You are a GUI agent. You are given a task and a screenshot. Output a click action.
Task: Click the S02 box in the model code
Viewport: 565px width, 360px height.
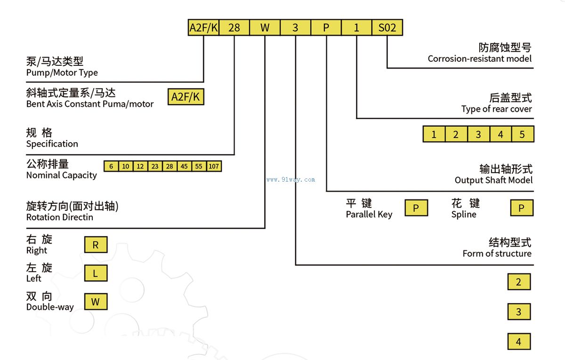coord(387,27)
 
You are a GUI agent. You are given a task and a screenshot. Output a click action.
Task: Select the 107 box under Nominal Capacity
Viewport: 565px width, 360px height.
coord(214,166)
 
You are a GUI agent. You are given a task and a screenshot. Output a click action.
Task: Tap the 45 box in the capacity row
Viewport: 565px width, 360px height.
coord(184,166)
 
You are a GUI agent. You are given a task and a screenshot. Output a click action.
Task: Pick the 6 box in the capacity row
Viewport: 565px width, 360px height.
coord(111,166)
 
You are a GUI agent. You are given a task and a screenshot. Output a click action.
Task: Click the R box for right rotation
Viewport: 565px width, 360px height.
coord(96,245)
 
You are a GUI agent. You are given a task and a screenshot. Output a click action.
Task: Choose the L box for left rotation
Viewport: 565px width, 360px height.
coord(96,273)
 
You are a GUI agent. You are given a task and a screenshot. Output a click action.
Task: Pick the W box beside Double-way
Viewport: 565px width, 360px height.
coord(96,302)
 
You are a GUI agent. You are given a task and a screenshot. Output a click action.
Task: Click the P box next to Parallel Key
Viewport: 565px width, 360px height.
coord(416,208)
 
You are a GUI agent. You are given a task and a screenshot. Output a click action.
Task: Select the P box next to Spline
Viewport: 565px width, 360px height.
coord(522,208)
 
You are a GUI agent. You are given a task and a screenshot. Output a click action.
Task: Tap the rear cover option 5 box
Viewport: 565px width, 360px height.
coord(522,135)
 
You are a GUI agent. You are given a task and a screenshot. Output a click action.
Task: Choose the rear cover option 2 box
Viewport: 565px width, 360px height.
coord(456,135)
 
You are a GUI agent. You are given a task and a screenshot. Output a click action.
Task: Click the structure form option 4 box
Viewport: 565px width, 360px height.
coord(519,342)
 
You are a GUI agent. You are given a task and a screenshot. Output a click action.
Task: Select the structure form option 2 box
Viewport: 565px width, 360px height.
coord(519,282)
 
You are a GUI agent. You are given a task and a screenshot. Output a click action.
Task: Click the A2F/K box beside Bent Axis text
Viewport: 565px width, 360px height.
coord(186,97)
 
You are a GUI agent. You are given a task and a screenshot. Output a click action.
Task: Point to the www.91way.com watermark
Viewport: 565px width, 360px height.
coord(291,179)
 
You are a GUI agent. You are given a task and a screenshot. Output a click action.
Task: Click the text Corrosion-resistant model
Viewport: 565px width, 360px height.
coord(480,59)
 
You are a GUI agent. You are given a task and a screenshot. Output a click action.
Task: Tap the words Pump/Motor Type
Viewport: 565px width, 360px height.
coord(62,72)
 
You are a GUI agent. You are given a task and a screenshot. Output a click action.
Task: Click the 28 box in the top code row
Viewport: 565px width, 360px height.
coord(234,27)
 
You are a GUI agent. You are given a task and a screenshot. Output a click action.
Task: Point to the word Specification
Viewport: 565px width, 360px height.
coord(52,144)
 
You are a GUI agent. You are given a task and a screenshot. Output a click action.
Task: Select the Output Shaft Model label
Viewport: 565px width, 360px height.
coord(493,180)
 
